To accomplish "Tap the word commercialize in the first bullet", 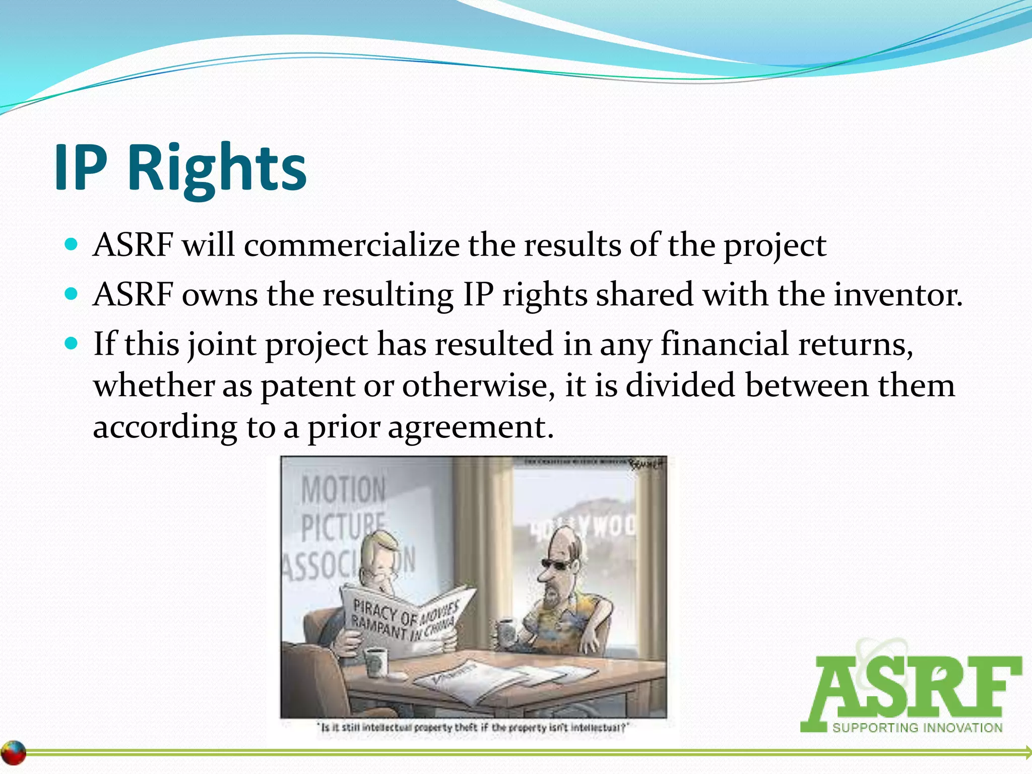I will tap(351, 246).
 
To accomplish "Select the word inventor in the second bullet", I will tap(897, 295).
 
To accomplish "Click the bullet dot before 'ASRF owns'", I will tap(72, 294).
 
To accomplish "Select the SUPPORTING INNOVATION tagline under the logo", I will tap(917, 728).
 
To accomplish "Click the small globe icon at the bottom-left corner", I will tap(14, 753).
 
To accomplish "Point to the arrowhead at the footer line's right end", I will tap(1027, 753).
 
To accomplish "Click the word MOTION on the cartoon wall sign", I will tap(344, 490).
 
